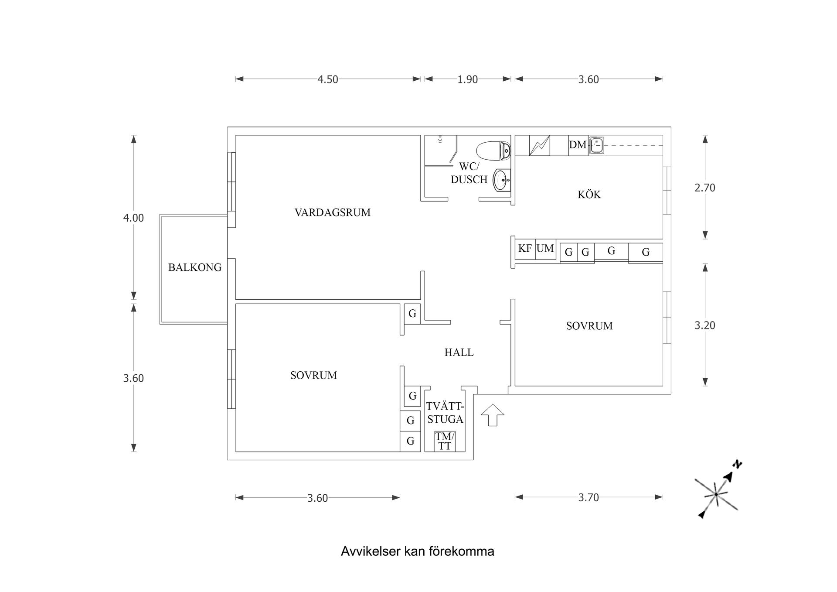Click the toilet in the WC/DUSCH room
click(x=493, y=151)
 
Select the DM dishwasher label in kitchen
click(x=578, y=145)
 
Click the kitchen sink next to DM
click(x=596, y=145)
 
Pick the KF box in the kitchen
click(x=525, y=249)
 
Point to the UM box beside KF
click(x=545, y=249)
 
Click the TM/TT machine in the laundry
click(x=445, y=441)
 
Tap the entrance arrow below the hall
click(x=493, y=415)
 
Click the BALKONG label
click(x=195, y=267)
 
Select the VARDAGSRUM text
click(x=332, y=213)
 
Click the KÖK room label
click(x=589, y=195)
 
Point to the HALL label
click(x=459, y=352)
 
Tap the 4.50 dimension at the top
click(x=327, y=79)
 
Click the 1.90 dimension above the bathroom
click(x=467, y=79)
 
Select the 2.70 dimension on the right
click(x=704, y=188)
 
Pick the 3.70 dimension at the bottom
click(x=588, y=497)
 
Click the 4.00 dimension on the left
click(x=133, y=218)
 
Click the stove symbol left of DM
click(x=539, y=145)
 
